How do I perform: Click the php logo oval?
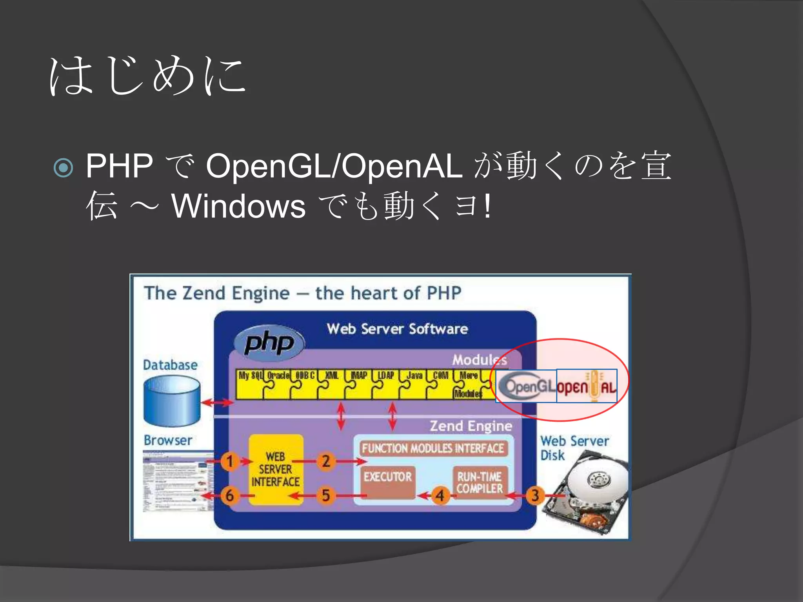point(269,343)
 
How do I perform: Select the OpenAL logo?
point(587,386)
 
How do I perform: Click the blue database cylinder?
point(172,401)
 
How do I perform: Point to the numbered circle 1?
point(230,461)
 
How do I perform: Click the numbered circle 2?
point(325,461)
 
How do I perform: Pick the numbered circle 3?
point(535,495)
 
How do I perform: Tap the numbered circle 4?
point(440,495)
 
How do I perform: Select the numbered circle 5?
point(325,495)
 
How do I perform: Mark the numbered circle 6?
point(230,495)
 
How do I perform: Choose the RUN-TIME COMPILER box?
point(480,482)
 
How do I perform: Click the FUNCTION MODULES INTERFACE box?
point(433,448)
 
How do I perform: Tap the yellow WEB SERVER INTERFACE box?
point(276,469)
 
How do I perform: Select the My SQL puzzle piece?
point(249,384)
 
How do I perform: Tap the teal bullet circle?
point(64,168)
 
